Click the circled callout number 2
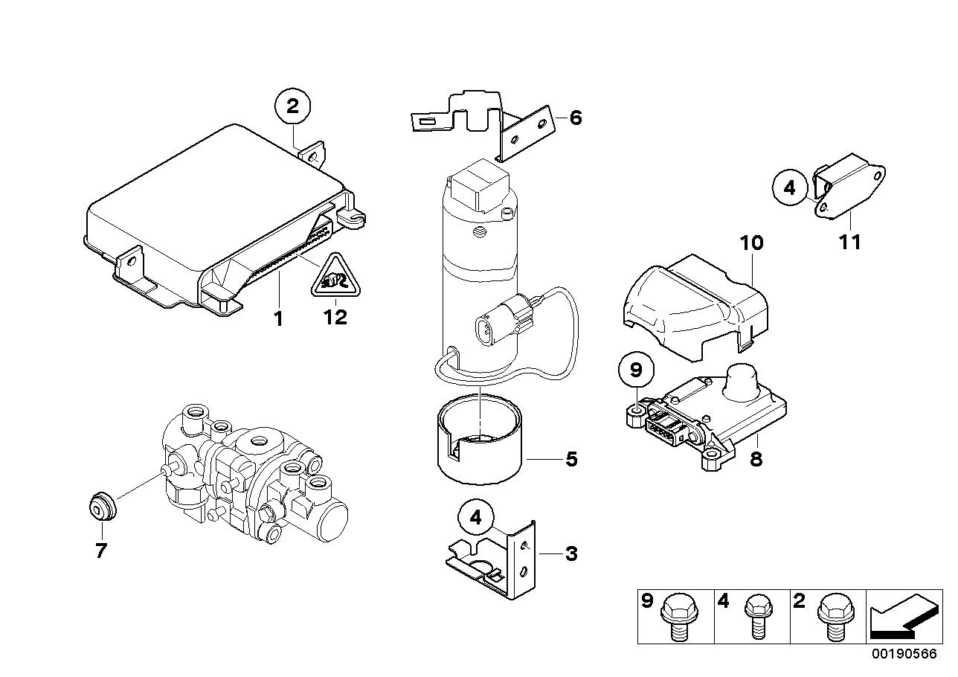(293, 107)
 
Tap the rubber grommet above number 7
(100, 508)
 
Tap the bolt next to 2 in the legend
(829, 615)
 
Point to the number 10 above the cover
(751, 243)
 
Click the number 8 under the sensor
(756, 460)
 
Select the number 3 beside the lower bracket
(571, 554)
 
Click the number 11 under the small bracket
(849, 242)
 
